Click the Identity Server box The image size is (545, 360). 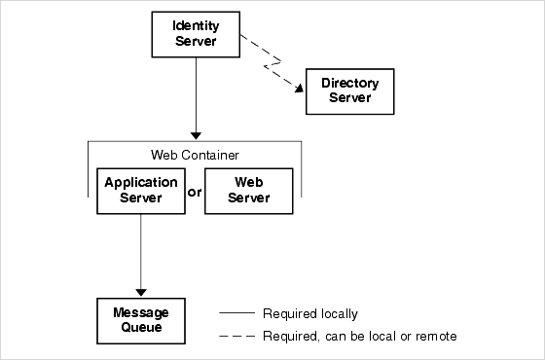pyautogui.click(x=196, y=34)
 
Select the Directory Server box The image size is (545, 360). pyautogui.click(x=350, y=91)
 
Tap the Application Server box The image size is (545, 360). pyautogui.click(x=141, y=192)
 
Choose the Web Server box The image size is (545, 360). pyautogui.click(x=249, y=192)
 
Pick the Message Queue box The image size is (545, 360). pyautogui.click(x=141, y=320)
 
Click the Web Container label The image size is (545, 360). pyautogui.click(x=195, y=155)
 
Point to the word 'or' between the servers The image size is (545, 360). pyautogui.click(x=195, y=192)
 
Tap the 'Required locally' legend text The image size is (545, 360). pyautogui.click(x=309, y=314)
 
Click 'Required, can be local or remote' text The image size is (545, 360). pyautogui.click(x=359, y=337)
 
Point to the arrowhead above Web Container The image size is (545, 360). pyautogui.click(x=196, y=134)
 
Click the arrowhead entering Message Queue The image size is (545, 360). pyautogui.click(x=141, y=291)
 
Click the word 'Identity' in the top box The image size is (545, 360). pyautogui.click(x=196, y=24)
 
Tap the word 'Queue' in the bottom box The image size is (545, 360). pyautogui.click(x=141, y=328)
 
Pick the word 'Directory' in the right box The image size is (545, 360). pyautogui.click(x=350, y=84)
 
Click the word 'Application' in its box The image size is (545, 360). pyautogui.click(x=141, y=183)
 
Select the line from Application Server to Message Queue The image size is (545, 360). pyautogui.click(x=141, y=248)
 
